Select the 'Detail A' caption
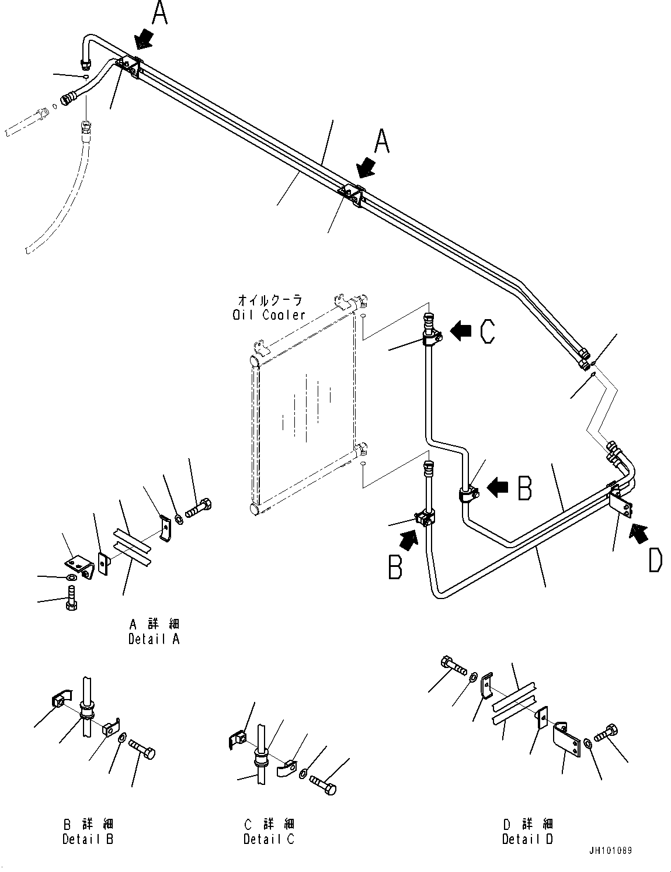click(154, 639)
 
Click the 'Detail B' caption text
click(88, 839)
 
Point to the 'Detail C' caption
click(269, 839)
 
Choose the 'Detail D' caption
click(527, 839)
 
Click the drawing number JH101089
click(610, 851)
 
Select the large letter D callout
click(655, 562)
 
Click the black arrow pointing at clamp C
click(461, 331)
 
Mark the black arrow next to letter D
click(638, 531)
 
